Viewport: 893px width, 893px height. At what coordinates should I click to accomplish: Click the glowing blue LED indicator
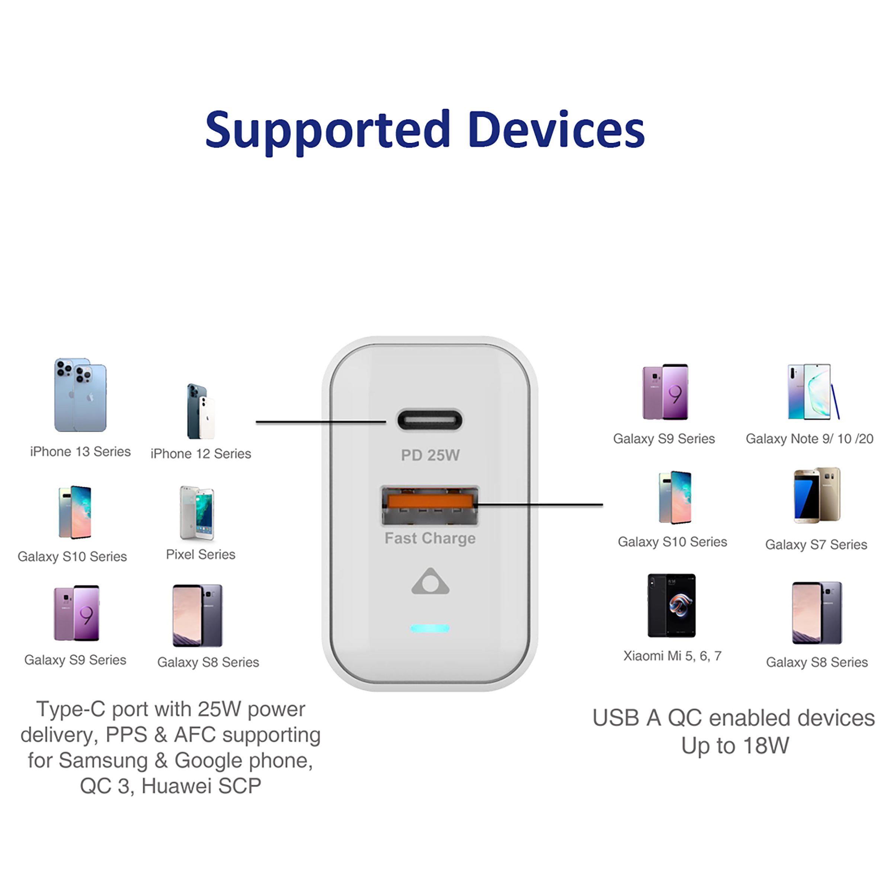(430, 628)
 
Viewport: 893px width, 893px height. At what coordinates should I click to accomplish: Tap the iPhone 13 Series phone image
(80, 395)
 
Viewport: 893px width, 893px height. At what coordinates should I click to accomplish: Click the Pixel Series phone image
(197, 513)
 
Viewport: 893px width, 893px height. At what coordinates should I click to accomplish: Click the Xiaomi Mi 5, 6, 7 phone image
(672, 605)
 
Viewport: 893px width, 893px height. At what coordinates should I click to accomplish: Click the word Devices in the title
(557, 130)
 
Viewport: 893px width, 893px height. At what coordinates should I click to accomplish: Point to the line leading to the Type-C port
(321, 422)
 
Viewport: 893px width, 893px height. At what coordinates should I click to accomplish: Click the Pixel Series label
(201, 554)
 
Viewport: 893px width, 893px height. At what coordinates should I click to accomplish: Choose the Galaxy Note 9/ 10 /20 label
(810, 439)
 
